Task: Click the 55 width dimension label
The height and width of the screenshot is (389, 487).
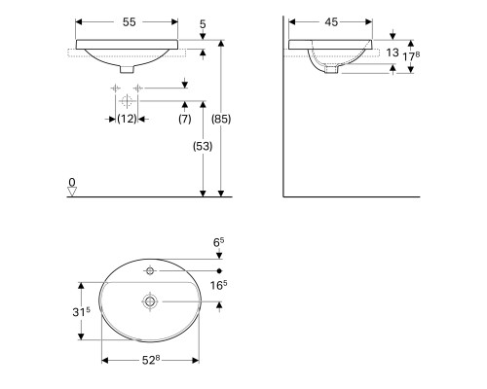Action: pos(129,22)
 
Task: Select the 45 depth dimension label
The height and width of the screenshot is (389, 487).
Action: pos(331,22)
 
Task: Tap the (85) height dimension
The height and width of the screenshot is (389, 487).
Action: pos(221,119)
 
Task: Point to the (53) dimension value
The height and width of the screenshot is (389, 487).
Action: pos(203,146)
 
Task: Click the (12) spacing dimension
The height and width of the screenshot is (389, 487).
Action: pos(127,119)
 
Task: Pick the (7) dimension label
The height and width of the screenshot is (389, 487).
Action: pos(185,119)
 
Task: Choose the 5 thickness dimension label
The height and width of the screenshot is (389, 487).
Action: pos(203,24)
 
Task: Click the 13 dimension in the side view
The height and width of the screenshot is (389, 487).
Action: pos(393,53)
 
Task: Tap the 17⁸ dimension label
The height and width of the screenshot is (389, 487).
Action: pos(411,56)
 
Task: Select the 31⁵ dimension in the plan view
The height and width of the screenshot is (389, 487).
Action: pos(81,311)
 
